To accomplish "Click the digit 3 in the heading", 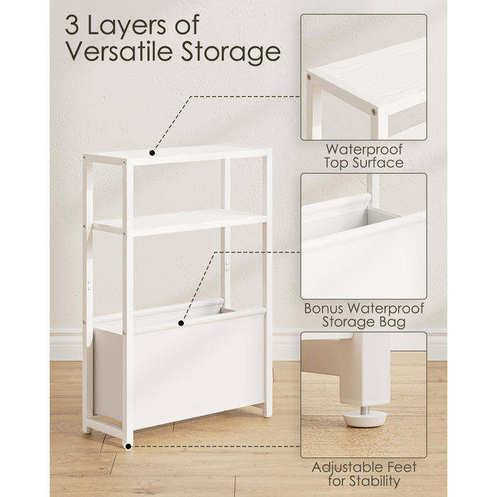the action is [x=72, y=25].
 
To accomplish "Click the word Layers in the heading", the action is [x=126, y=27].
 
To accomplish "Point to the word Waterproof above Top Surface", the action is [x=364, y=149].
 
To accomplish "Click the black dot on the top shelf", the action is [x=152, y=153].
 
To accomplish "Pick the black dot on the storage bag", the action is [x=181, y=323].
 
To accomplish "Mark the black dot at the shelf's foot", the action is [x=129, y=447].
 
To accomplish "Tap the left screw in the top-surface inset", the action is [x=309, y=77].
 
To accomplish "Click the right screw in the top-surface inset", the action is [x=374, y=111].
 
